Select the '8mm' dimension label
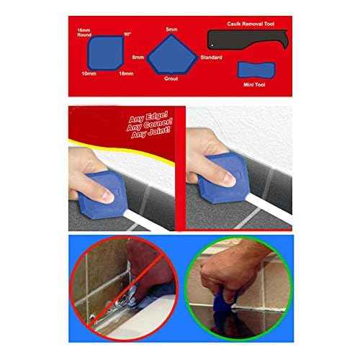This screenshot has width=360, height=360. click(x=138, y=55)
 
